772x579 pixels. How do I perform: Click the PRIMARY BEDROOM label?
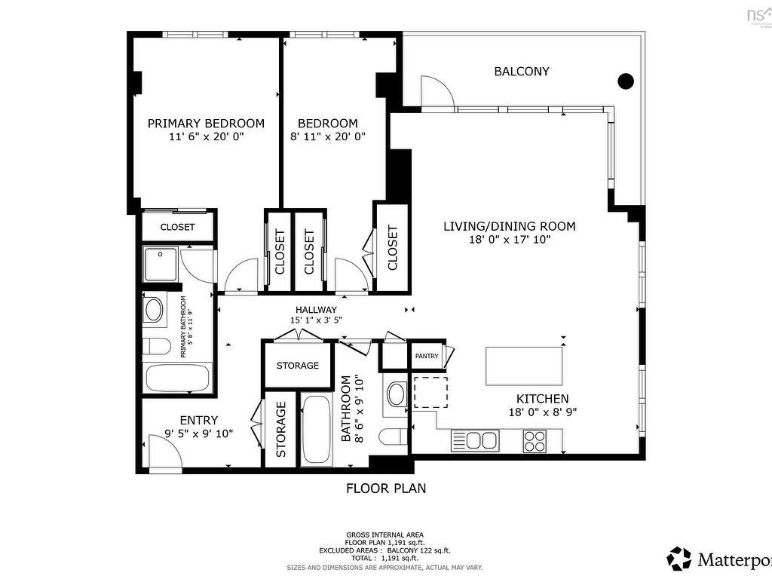[206, 124]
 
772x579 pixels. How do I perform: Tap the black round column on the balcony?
[625, 81]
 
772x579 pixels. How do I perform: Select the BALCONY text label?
[521, 72]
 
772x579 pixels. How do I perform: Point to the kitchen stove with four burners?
[535, 440]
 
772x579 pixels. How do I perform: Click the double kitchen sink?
[475, 440]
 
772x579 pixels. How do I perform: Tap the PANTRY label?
[426, 356]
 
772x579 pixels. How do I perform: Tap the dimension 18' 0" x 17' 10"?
[509, 240]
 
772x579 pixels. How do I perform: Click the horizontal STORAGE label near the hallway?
[297, 366]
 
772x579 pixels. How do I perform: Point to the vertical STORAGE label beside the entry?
[280, 430]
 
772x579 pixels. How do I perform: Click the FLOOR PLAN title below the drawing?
[385, 489]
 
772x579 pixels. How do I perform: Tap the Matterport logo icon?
[679, 559]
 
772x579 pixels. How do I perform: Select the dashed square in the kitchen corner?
[430, 392]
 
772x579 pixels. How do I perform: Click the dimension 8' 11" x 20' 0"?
[327, 137]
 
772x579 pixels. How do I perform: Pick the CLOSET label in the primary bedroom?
[178, 227]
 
